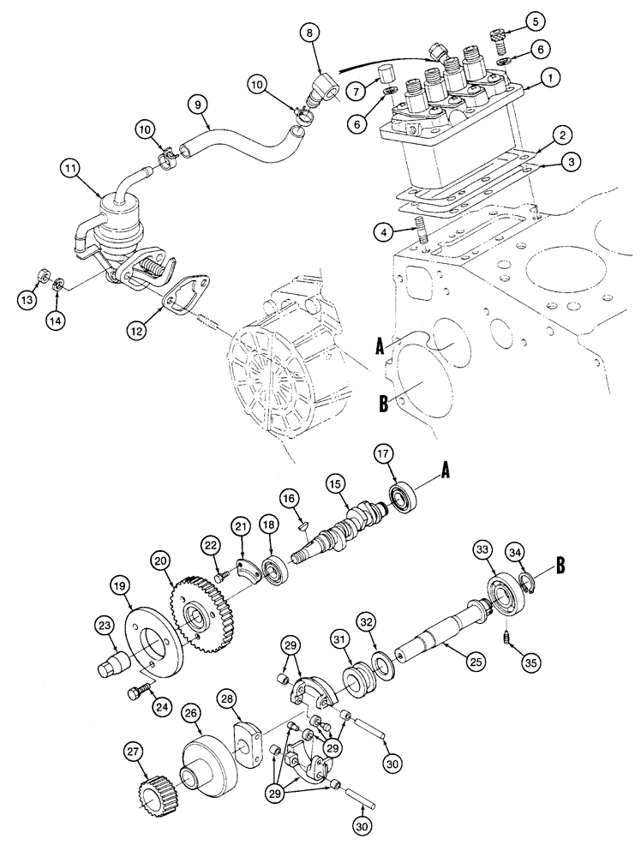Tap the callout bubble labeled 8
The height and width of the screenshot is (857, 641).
[x=311, y=33]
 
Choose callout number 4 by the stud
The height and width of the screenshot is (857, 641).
[x=388, y=231]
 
